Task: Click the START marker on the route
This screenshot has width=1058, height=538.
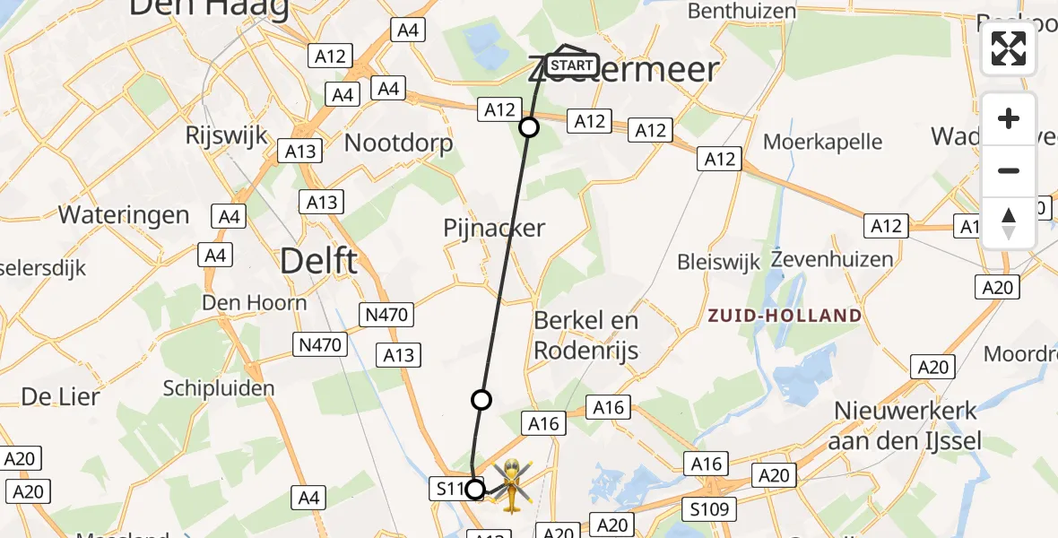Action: tap(571, 65)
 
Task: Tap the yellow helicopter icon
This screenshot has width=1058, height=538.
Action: tap(511, 486)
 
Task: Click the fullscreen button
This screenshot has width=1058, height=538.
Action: tap(1009, 48)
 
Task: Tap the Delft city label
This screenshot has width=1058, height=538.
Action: tap(318, 262)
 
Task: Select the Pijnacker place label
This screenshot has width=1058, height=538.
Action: tap(494, 228)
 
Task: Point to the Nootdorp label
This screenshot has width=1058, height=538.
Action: tap(399, 143)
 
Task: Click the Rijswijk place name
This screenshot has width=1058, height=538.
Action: tap(226, 135)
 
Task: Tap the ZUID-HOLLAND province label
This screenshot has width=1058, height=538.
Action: tap(785, 316)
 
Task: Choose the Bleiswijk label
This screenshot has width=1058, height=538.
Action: tap(719, 262)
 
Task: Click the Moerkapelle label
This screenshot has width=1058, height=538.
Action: tap(823, 142)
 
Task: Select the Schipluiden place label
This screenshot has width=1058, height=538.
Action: tap(219, 388)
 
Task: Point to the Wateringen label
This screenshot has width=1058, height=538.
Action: tap(124, 215)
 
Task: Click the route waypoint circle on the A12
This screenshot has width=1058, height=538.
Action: tap(529, 127)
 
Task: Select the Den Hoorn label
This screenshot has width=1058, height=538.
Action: tap(254, 302)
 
